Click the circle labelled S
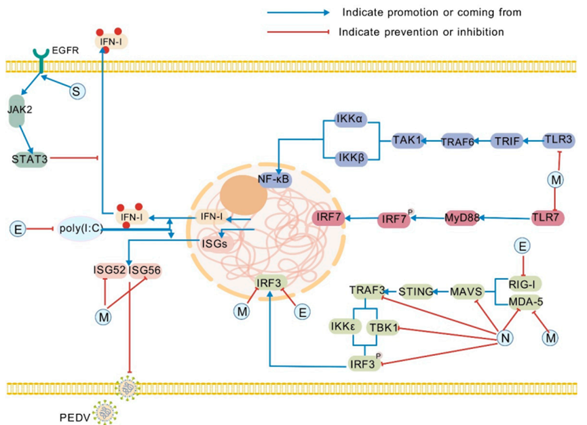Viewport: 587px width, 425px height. pos(78,90)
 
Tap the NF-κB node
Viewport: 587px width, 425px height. pos(275,180)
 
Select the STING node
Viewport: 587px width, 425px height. pos(415,291)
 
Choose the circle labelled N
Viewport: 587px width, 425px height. pos(504,338)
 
